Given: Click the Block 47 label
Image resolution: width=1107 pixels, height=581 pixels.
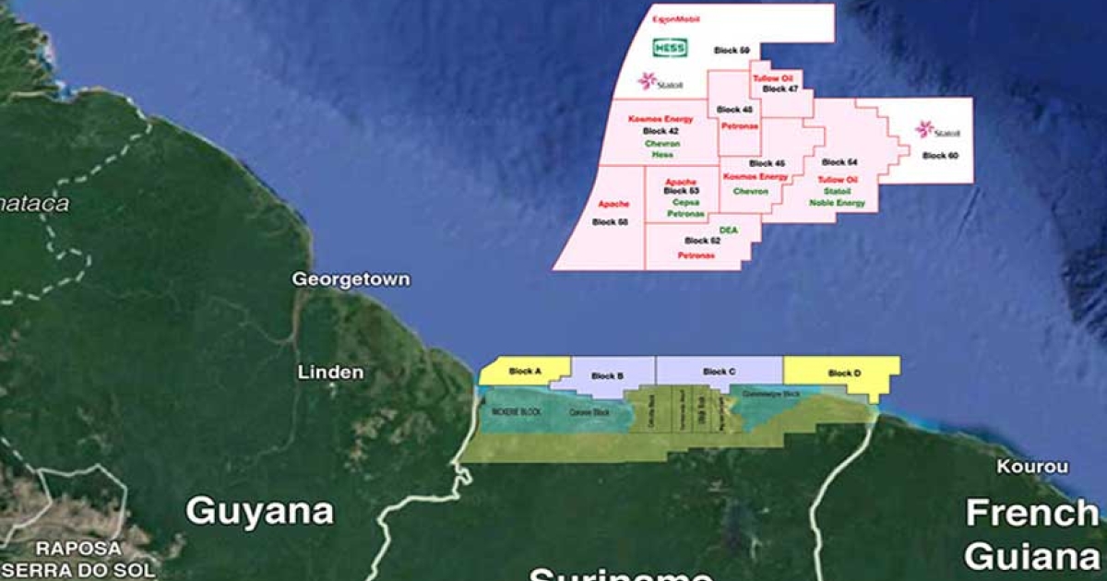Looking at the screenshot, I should coord(780,89).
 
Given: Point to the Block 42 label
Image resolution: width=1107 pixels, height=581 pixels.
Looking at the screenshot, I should coord(661,132).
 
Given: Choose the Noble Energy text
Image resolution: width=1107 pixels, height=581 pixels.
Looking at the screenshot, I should coord(837,203).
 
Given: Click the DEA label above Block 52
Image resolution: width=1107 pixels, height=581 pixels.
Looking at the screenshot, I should coord(729,229).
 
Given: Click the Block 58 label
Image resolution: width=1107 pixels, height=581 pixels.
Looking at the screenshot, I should coord(610,222).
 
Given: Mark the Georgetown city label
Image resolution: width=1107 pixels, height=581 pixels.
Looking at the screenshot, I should coord(351,279).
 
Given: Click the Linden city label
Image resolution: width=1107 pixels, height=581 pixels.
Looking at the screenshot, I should coord(330,373).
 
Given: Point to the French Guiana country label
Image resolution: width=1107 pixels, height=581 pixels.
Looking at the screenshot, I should coord(1031,534).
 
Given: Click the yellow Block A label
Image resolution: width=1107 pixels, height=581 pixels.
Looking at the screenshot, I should coord(525,372).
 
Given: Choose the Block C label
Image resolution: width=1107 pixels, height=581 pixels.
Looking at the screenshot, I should coord(720,372).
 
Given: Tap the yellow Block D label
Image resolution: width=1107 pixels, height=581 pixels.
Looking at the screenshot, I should coord(844,373).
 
